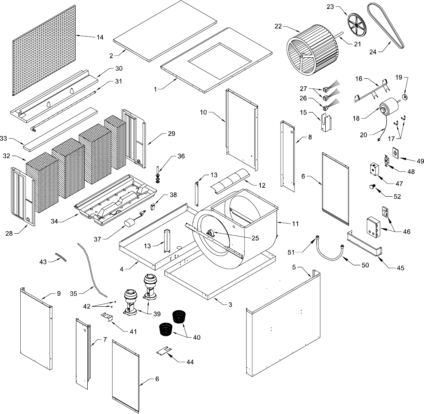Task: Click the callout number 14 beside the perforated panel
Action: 99,37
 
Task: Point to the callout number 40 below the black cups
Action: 196,337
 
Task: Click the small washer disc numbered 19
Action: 405,96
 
